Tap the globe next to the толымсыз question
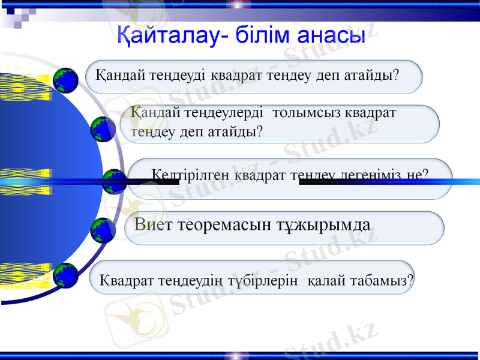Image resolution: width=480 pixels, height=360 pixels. point(103,130)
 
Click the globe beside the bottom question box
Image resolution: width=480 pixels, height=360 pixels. point(65,275)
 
